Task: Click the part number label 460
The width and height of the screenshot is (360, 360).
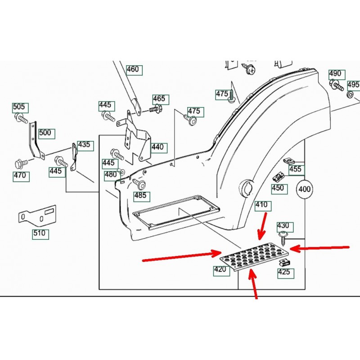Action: (x=133, y=70)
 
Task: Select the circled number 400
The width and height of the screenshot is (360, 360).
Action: (x=305, y=189)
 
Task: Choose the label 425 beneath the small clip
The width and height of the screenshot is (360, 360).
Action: (x=283, y=272)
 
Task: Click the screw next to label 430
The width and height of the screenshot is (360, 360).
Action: (x=283, y=238)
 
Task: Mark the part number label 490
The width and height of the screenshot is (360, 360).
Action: (x=335, y=74)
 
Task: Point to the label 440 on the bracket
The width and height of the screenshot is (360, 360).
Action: (x=157, y=147)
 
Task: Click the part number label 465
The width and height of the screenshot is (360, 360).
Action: (x=159, y=99)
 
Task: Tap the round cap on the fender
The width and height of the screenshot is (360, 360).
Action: (x=247, y=187)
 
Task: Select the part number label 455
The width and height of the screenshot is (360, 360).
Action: (x=296, y=170)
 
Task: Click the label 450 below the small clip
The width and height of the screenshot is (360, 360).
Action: (x=278, y=188)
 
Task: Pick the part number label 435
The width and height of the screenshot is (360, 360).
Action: (x=84, y=145)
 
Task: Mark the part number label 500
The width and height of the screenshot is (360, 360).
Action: (x=45, y=133)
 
